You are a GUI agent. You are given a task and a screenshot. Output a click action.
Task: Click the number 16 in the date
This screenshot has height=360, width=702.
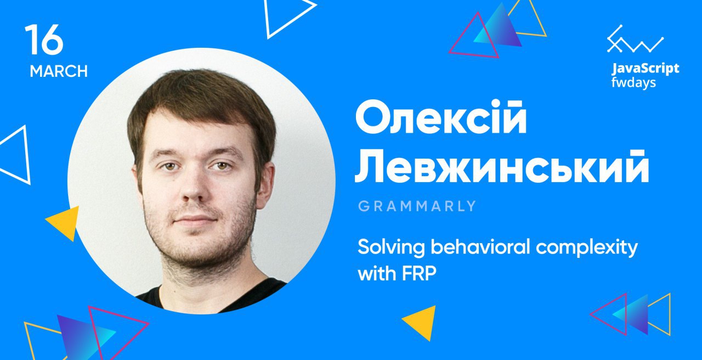tap(44, 40)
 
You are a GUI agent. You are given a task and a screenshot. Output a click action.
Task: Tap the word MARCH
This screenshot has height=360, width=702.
tap(59, 71)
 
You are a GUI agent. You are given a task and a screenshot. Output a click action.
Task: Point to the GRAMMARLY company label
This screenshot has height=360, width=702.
tap(417, 206)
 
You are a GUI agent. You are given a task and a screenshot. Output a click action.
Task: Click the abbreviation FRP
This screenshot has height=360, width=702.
tap(419, 274)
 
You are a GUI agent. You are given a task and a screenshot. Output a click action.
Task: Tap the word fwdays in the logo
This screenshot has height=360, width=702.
tap(633, 83)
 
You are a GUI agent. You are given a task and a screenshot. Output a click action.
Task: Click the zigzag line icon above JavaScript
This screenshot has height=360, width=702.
tap(635, 39)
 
